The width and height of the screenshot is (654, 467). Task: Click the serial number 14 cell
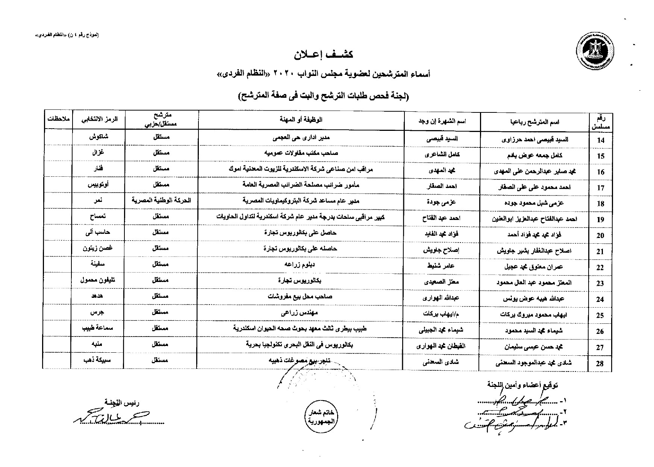[600, 140]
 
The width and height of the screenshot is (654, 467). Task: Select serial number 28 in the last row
[600, 363]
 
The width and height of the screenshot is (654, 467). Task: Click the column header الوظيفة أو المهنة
[301, 120]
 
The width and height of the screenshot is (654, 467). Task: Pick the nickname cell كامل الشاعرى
[442, 155]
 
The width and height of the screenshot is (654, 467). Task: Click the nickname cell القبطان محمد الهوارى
[442, 346]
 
